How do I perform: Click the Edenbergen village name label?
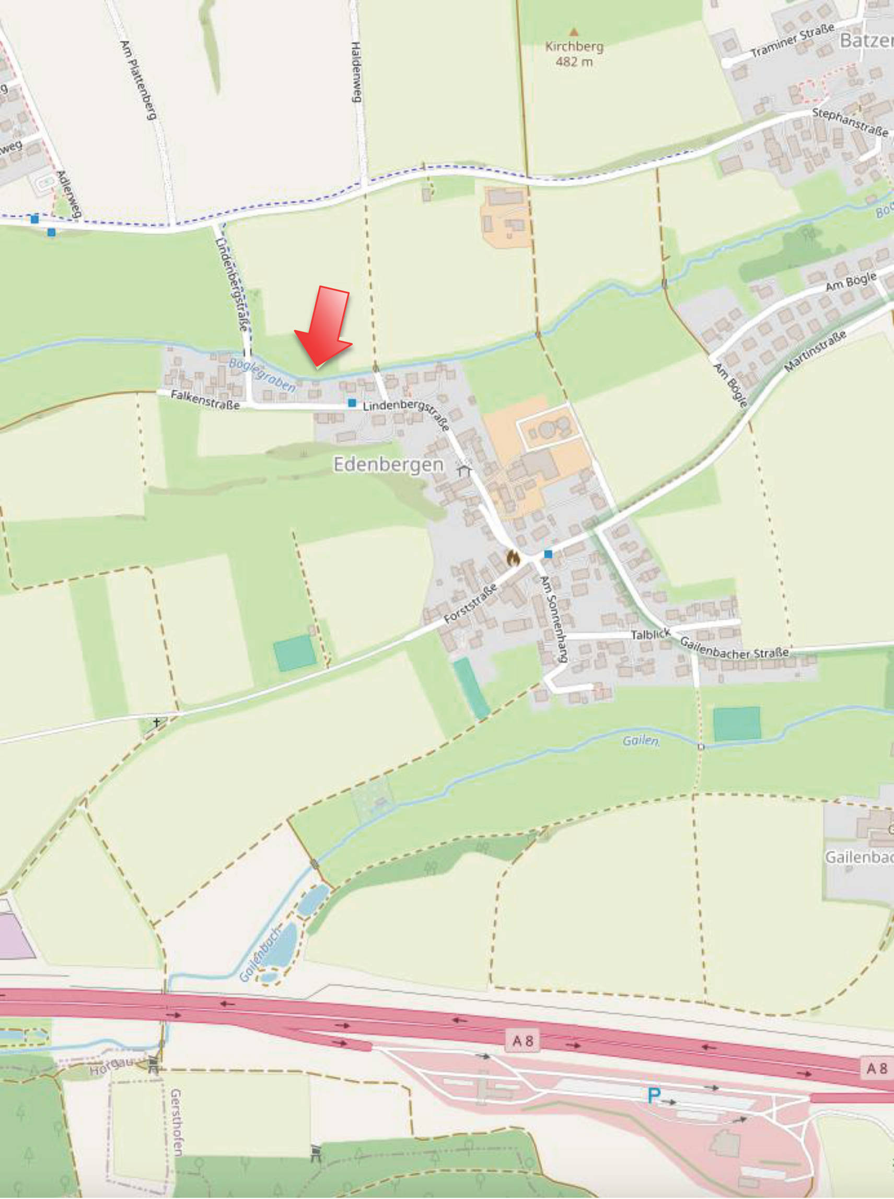point(388,465)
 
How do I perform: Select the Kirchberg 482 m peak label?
point(574,54)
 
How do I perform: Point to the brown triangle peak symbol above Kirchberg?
point(574,32)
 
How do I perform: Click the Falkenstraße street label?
point(205,399)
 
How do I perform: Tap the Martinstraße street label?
point(815,352)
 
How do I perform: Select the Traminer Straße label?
point(792,41)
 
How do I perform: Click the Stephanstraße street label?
point(850,122)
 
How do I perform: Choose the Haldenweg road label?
point(356,72)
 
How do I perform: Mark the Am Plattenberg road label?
point(138,79)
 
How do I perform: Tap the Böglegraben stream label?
point(262,374)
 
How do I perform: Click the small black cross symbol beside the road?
point(157,722)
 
